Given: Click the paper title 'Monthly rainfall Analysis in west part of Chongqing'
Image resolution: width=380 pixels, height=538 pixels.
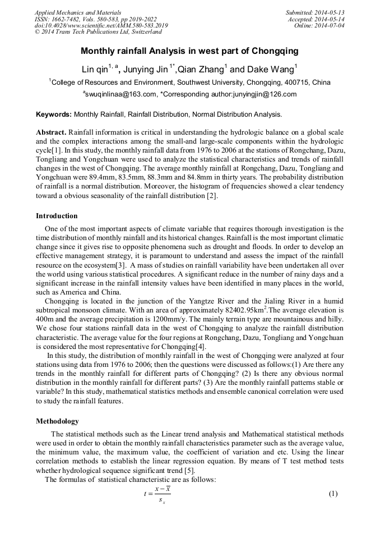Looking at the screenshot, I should [189, 51].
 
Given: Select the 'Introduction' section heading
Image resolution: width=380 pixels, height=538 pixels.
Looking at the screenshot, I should [57, 216].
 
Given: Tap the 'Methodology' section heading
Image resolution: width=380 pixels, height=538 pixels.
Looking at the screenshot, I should [57, 421].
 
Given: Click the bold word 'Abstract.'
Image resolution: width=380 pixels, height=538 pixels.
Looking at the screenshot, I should [51, 132].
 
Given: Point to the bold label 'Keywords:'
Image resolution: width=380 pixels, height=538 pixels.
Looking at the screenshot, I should [54, 114].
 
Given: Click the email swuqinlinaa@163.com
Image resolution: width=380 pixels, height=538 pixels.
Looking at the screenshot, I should [120, 94].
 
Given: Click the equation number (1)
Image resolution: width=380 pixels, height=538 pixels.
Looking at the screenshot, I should [333, 494].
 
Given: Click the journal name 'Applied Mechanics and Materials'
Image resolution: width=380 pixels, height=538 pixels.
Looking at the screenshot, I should [78, 12].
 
